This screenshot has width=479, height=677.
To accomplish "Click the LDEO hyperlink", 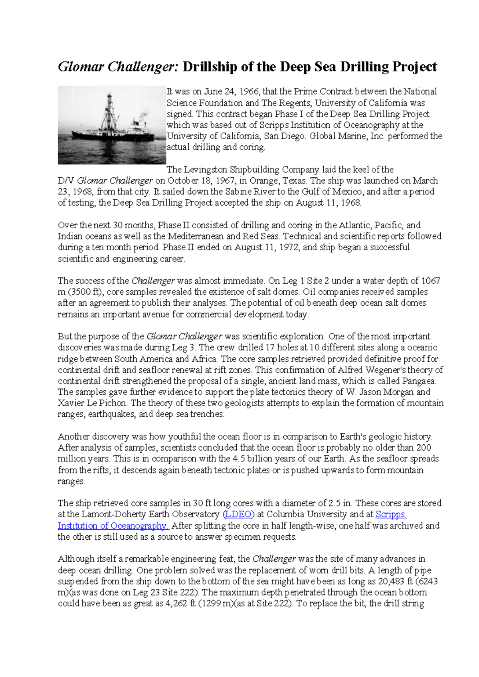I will tap(238, 515).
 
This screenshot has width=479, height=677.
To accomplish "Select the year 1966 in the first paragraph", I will tap(249, 91).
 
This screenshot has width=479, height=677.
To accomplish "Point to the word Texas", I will tap(295, 180).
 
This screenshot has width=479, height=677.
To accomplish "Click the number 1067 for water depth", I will tap(431, 281).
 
